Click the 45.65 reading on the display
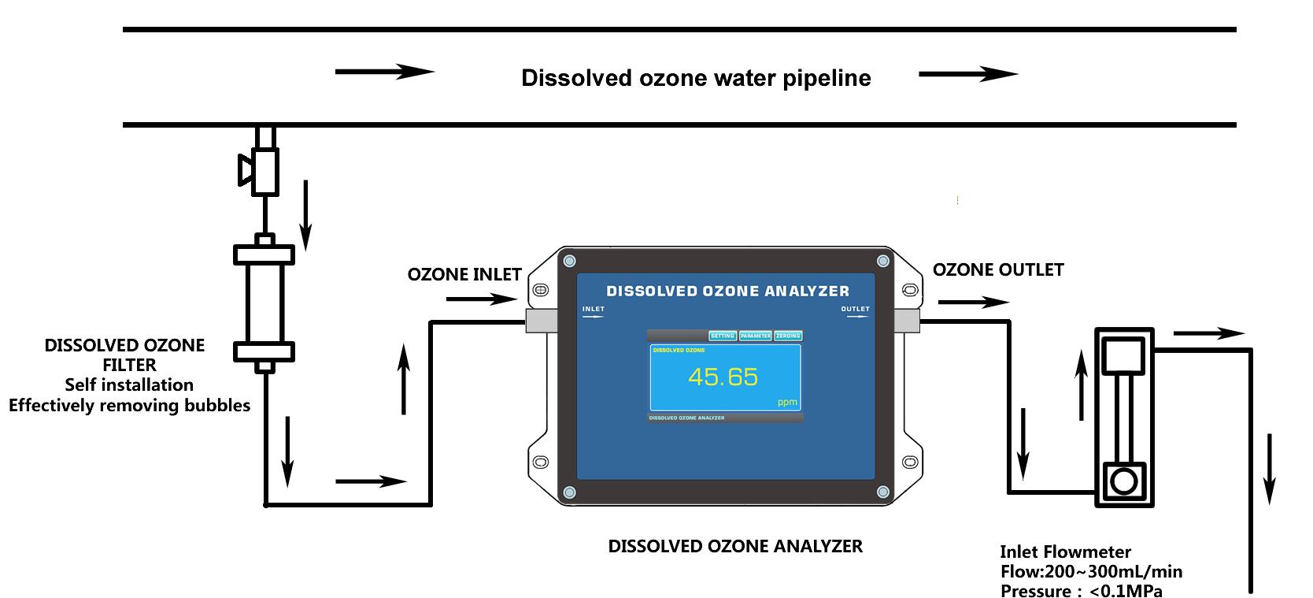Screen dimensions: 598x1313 click(x=723, y=377)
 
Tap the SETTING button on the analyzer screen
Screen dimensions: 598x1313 click(x=722, y=336)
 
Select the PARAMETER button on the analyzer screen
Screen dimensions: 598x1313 click(x=756, y=336)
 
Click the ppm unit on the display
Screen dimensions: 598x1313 click(x=786, y=402)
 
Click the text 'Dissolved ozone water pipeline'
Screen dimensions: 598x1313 click(x=696, y=78)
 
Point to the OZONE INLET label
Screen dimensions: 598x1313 click(x=464, y=274)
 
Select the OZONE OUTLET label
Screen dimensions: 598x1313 click(x=997, y=269)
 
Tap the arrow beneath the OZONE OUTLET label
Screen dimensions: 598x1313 click(x=973, y=302)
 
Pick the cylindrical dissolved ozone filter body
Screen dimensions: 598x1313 click(x=264, y=303)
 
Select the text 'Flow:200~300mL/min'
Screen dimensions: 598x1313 click(x=1091, y=571)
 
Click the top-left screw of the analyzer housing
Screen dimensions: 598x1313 click(x=570, y=261)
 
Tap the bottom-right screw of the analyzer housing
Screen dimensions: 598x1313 click(x=882, y=492)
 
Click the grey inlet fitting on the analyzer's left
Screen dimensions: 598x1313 click(x=542, y=318)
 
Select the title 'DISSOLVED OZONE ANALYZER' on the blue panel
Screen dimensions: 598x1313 click(x=727, y=291)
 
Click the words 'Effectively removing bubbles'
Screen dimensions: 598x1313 click(x=130, y=405)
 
